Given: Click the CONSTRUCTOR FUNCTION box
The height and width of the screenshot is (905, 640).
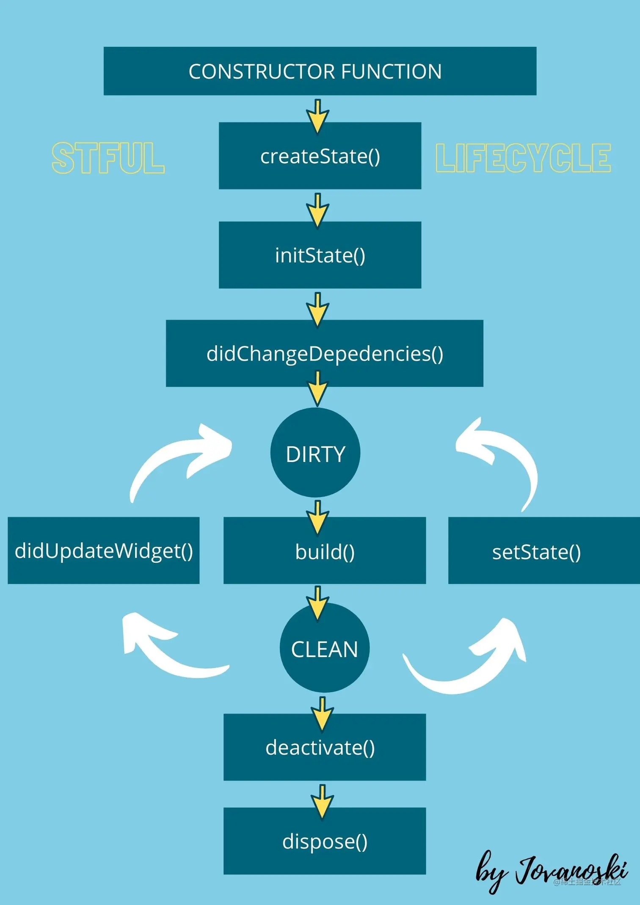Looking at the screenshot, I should [320, 71].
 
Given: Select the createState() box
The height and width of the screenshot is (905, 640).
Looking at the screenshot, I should [320, 156].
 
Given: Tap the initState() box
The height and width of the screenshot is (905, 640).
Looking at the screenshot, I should [320, 255].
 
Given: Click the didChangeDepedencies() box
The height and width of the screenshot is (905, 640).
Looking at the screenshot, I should [324, 353].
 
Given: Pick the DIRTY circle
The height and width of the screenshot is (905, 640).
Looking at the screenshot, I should [315, 453].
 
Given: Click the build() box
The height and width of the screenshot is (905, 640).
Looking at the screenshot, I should [324, 551].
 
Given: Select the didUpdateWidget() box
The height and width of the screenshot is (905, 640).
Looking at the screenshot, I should [103, 550].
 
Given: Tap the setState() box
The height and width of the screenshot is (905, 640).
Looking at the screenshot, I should [544, 551].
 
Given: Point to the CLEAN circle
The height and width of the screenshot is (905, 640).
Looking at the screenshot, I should [324, 648].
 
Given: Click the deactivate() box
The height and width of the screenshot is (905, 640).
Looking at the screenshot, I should [324, 747].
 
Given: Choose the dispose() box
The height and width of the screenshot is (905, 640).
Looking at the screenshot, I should [324, 841].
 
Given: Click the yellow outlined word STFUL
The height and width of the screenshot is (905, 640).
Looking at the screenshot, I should [108, 158].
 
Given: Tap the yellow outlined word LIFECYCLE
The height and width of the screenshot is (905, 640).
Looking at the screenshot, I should [523, 158].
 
